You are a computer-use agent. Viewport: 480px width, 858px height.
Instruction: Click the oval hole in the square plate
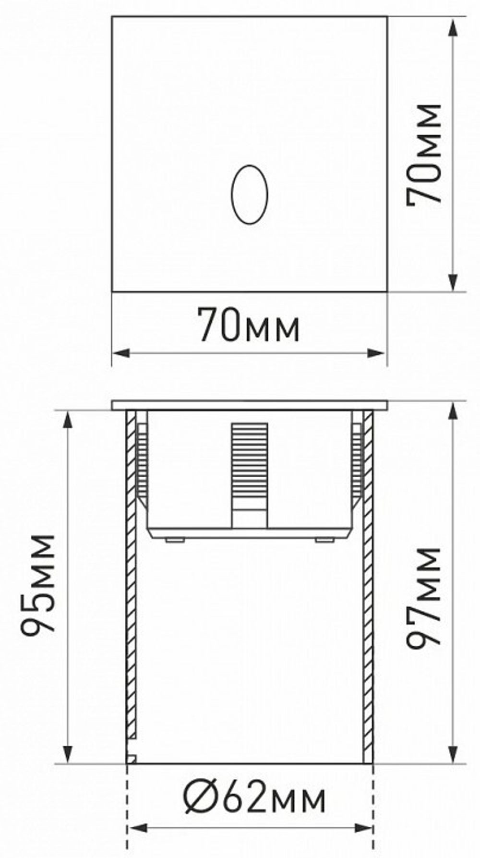[249, 194]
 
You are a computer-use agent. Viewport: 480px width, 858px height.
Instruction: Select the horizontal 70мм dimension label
[249, 325]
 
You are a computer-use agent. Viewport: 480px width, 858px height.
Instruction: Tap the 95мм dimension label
[38, 584]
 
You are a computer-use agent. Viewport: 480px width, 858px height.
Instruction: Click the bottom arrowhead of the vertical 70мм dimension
[454, 283]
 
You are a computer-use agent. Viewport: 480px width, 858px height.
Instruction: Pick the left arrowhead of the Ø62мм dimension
[136, 828]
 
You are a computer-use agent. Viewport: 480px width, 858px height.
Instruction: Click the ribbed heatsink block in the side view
[249, 461]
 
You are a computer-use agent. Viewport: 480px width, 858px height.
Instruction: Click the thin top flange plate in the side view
[249, 405]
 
